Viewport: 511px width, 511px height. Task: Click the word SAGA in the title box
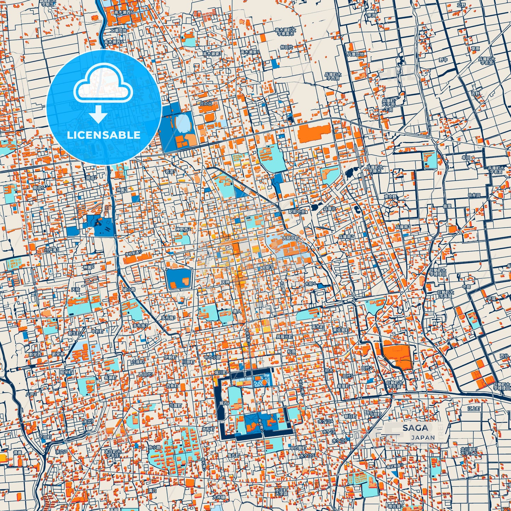[415, 428]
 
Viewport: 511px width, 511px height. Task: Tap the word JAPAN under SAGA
[423, 437]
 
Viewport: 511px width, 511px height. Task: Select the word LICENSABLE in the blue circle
[104, 135]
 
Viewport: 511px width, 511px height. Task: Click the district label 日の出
[207, 104]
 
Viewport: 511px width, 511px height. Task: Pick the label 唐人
[237, 312]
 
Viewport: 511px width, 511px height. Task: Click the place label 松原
[291, 352]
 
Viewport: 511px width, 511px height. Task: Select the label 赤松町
[208, 429]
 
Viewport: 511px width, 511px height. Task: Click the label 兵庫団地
[355, 54]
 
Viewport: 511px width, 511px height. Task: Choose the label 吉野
[475, 94]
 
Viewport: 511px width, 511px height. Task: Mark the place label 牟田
[466, 158]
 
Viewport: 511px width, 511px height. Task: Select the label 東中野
[390, 197]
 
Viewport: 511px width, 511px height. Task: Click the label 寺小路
[154, 447]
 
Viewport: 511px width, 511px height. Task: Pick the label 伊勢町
[170, 357]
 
